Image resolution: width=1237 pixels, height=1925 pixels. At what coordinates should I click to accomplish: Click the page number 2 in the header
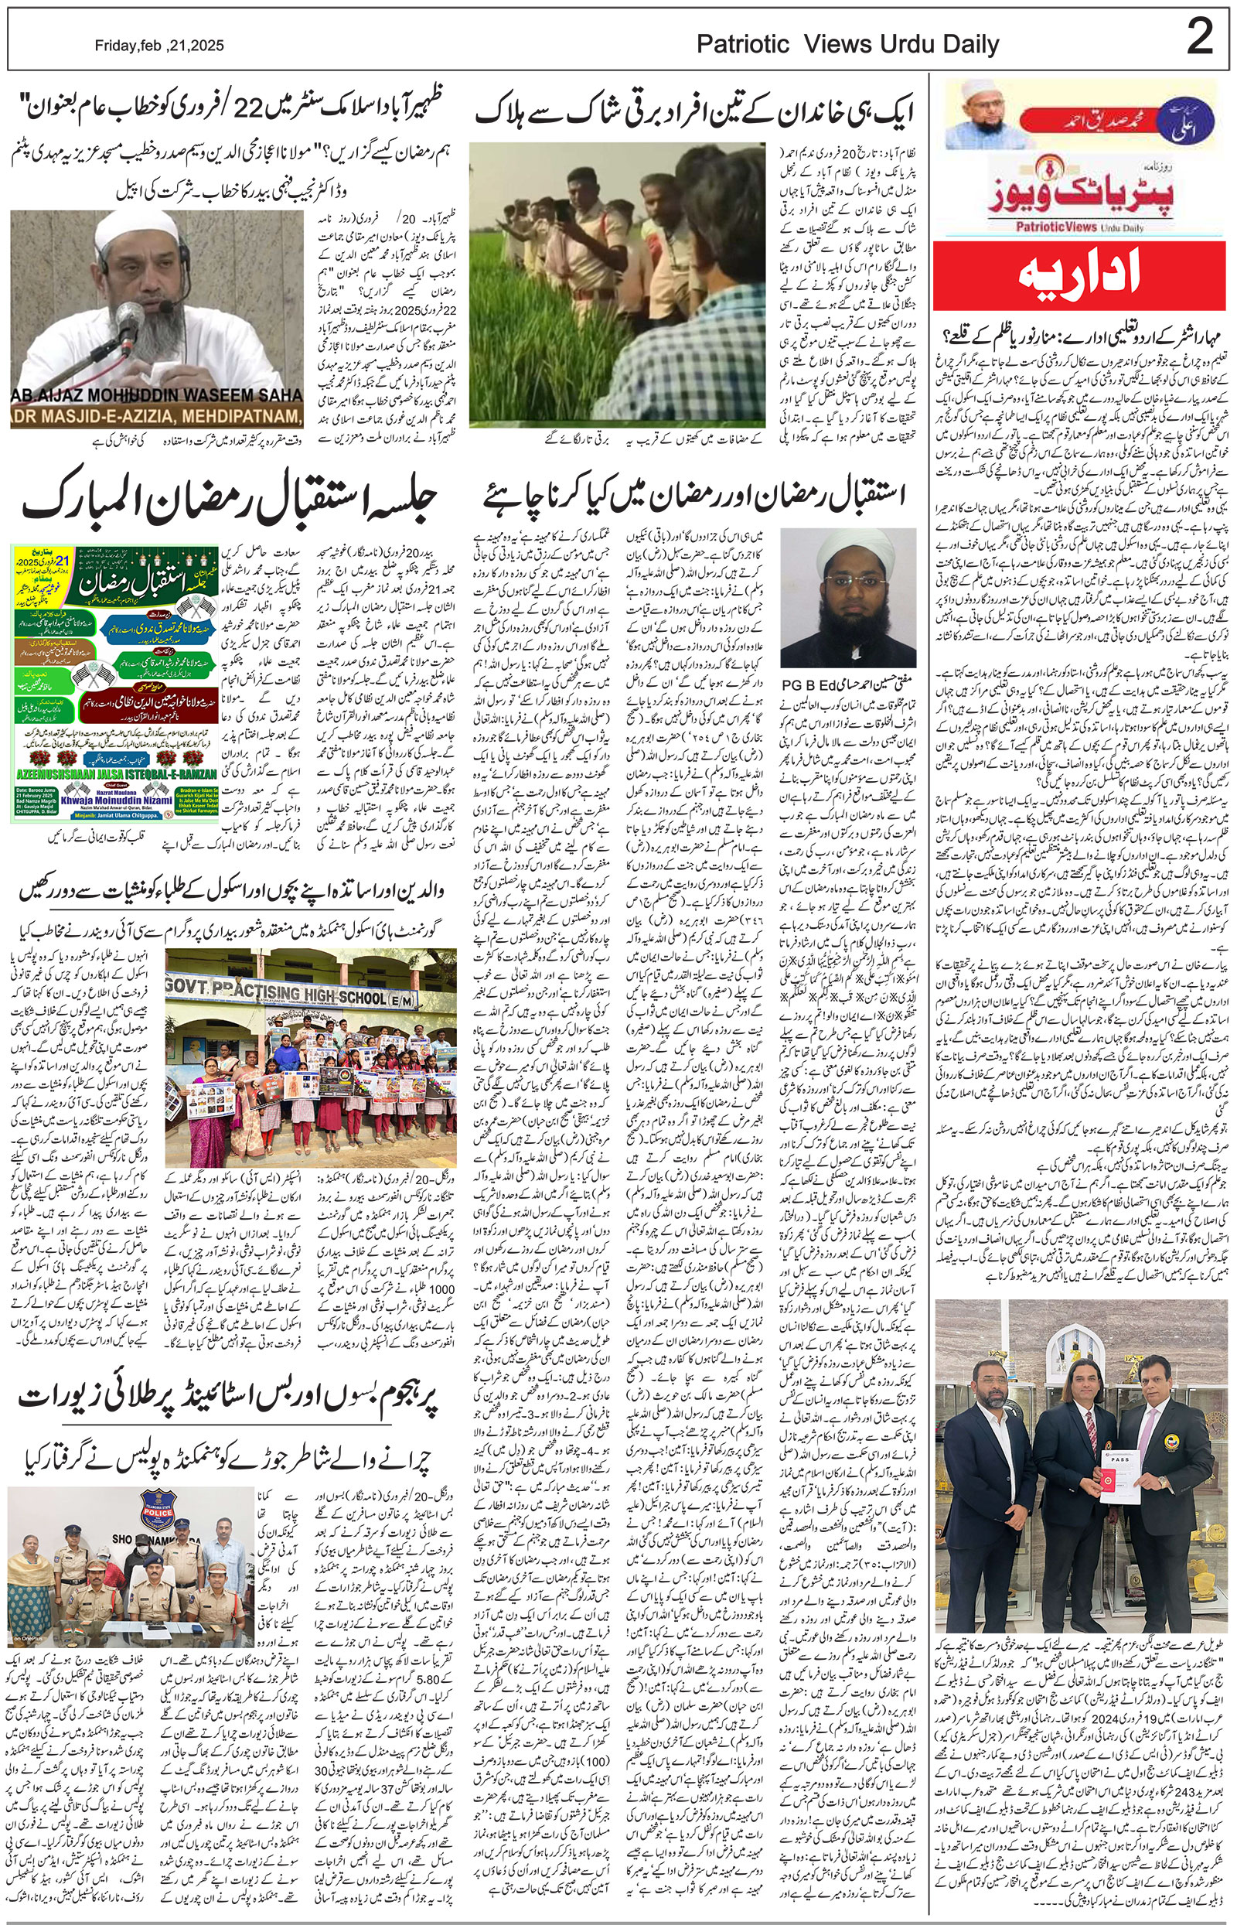click(1199, 39)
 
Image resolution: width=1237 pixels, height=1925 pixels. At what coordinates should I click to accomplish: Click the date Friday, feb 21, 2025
click(159, 46)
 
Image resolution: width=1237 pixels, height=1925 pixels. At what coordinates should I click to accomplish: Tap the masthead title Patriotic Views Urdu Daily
click(847, 45)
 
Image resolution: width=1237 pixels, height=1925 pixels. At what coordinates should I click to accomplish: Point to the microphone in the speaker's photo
click(124, 322)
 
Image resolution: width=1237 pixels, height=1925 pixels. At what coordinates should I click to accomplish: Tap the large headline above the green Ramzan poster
click(230, 503)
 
